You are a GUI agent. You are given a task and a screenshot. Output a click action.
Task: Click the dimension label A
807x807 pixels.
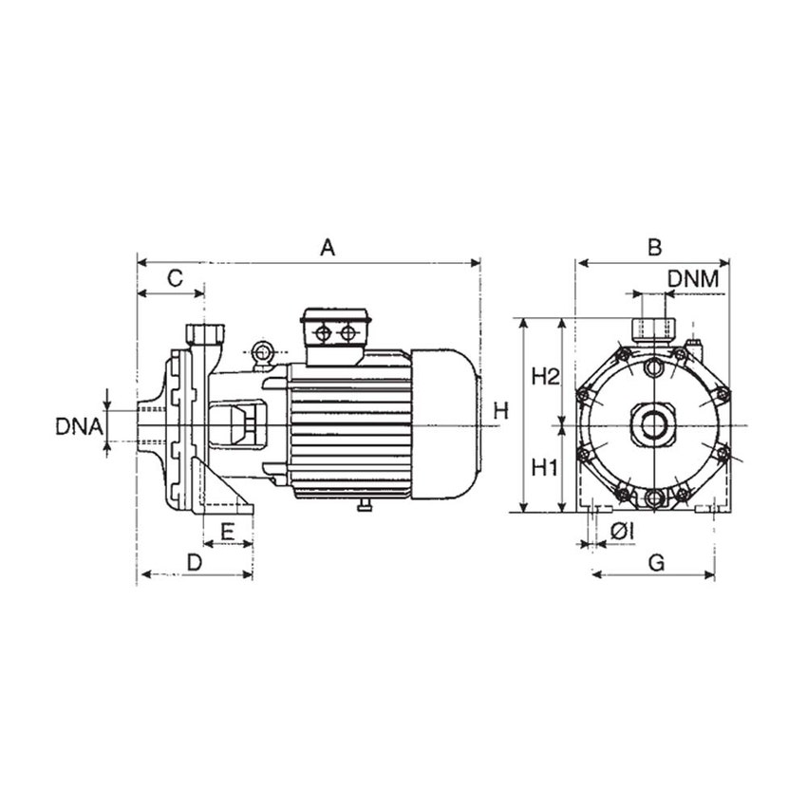pyautogui.click(x=328, y=248)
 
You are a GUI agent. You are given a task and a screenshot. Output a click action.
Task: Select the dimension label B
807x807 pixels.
pyautogui.click(x=654, y=248)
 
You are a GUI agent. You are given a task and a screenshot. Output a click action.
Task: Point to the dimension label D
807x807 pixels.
pyautogui.click(x=194, y=561)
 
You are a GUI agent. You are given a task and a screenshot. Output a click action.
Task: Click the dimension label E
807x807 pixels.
pyautogui.click(x=228, y=531)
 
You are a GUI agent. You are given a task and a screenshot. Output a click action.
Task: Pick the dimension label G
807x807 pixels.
pyautogui.click(x=655, y=561)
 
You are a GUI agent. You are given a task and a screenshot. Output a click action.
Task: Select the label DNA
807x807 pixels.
pyautogui.click(x=78, y=426)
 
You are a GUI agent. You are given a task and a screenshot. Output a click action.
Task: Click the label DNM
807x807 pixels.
pyautogui.click(x=699, y=279)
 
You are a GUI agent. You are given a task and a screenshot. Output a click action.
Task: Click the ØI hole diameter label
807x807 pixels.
pyautogui.click(x=623, y=534)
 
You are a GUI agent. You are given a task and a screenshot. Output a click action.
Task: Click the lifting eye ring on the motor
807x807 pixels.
pyautogui.click(x=262, y=353)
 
